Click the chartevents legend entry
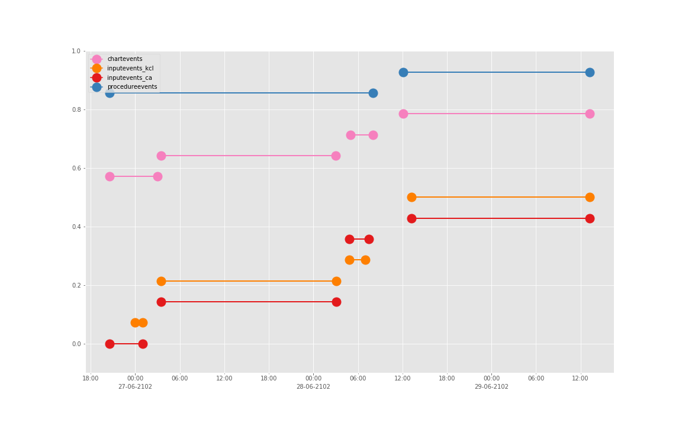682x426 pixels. coord(124,59)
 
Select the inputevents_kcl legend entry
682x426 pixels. coord(130,69)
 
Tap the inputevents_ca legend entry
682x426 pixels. coord(129,78)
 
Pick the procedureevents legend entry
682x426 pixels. coord(131,87)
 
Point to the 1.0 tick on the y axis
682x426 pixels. coord(76,51)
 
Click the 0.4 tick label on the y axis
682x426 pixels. coord(76,227)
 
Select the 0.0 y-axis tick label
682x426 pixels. coord(76,344)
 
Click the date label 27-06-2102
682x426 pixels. coord(135,387)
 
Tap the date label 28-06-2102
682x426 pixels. coord(313,387)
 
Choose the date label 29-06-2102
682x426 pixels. coord(491,387)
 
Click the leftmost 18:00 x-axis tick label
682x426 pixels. coord(91,379)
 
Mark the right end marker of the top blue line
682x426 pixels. coord(590,72)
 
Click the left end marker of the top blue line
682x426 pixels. coord(403,72)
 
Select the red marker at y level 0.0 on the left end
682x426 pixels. coord(110,344)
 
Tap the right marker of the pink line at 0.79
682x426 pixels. coord(590,114)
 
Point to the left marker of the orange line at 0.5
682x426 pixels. coord(411,197)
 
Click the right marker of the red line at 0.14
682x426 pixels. coord(336,302)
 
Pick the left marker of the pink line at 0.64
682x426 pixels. coord(161,156)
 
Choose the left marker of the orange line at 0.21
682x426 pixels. coord(161,281)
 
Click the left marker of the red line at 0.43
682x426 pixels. coord(411,218)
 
